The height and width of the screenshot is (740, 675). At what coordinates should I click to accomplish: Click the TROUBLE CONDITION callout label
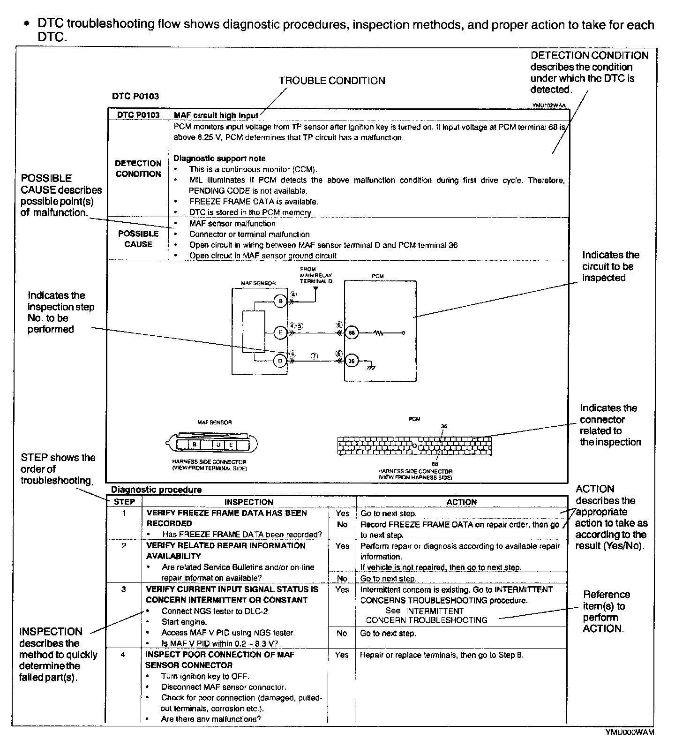[332, 81]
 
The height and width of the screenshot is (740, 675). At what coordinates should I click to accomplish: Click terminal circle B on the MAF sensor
[280, 301]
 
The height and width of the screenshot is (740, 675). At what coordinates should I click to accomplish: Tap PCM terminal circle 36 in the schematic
[352, 361]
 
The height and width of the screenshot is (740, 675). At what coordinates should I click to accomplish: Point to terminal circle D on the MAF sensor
[280, 361]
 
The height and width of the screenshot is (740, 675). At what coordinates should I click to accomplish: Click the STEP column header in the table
[124, 502]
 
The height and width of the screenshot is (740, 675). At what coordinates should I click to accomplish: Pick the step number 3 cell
[124, 589]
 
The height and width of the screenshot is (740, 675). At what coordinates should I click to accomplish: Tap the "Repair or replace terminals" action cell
[442, 655]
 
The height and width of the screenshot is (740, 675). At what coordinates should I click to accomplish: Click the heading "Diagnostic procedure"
[156, 490]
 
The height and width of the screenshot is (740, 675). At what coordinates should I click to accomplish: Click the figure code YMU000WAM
[630, 732]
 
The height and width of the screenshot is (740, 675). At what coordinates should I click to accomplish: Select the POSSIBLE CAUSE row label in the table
[138, 239]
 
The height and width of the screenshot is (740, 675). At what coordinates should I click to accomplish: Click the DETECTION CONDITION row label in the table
[138, 168]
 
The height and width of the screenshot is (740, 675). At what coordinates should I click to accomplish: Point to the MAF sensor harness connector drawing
[212, 444]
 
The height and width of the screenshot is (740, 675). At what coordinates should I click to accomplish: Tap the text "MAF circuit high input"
[216, 115]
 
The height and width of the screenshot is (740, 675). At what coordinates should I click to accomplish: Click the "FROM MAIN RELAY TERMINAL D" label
[316, 275]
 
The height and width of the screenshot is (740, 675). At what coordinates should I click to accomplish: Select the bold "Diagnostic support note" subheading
[219, 159]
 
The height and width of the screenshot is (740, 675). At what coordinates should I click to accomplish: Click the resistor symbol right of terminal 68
[379, 333]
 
